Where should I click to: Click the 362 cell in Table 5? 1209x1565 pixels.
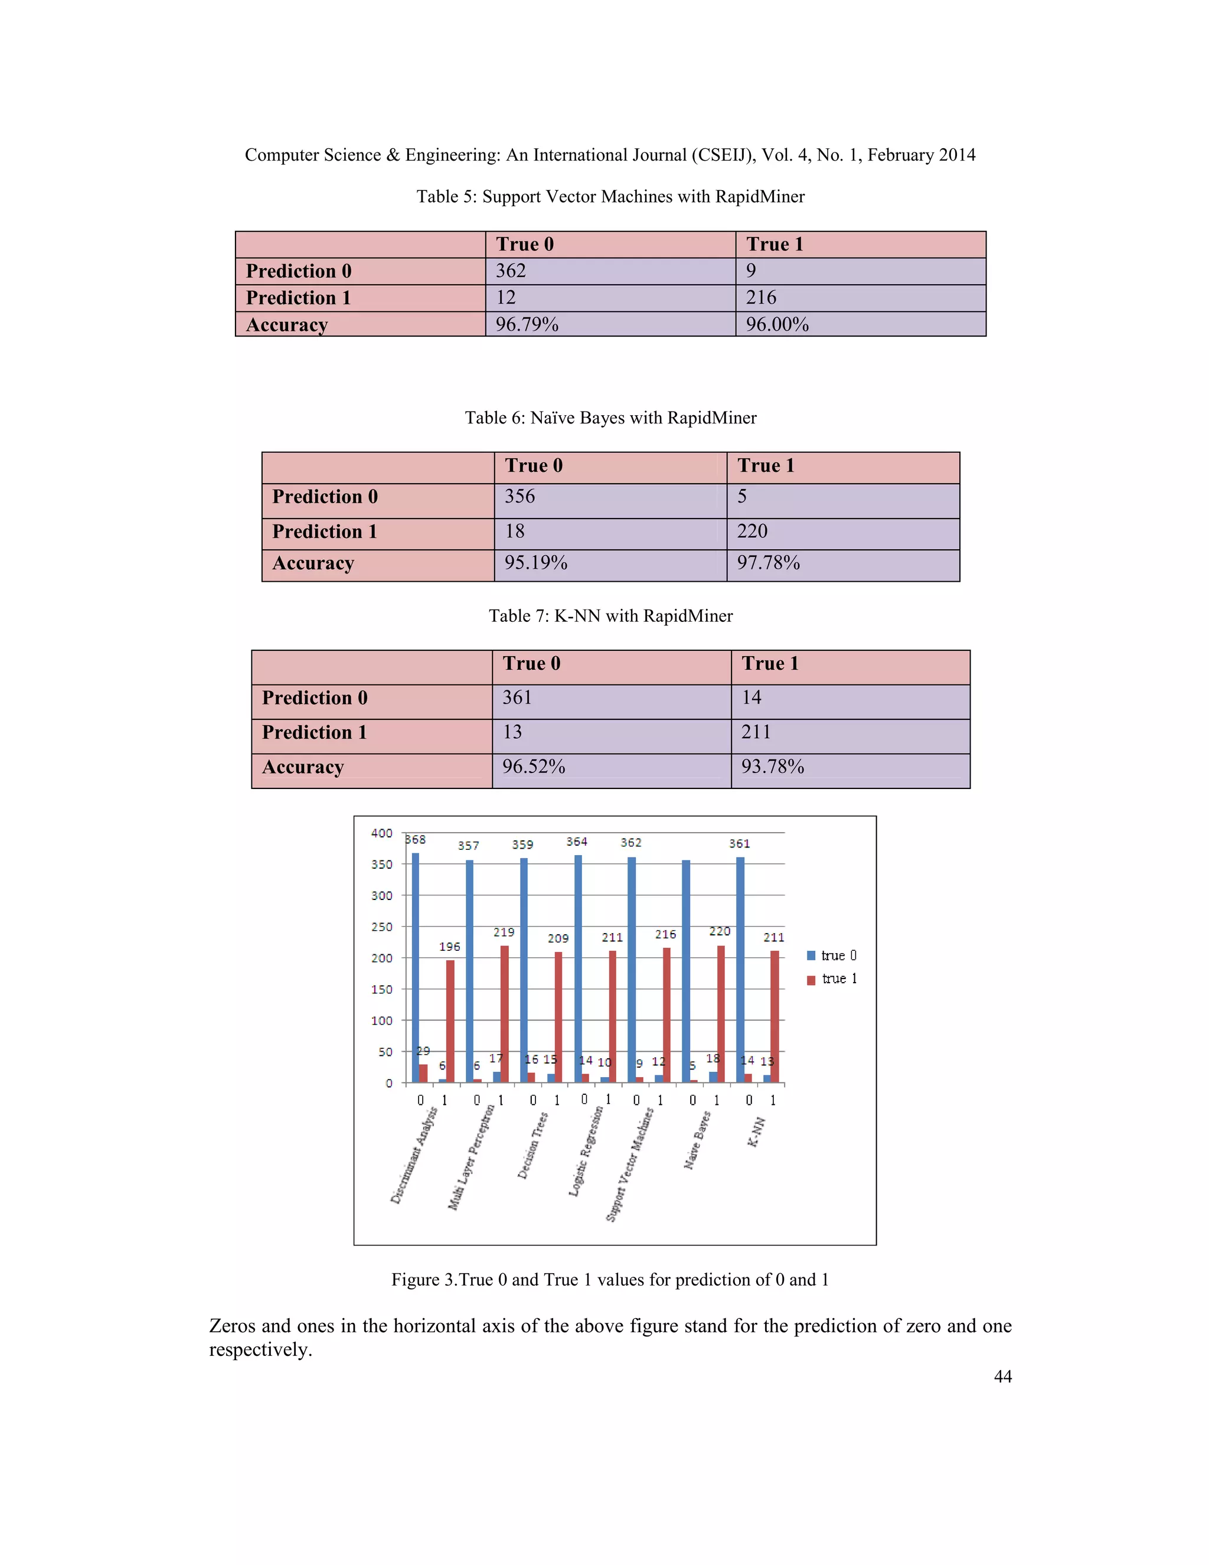pyautogui.click(x=511, y=271)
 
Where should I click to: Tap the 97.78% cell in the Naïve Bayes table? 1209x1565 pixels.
pyautogui.click(x=768, y=563)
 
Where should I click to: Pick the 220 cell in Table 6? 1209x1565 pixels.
pyautogui.click(x=752, y=532)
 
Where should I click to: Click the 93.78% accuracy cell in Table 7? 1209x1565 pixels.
pyautogui.click(x=772, y=768)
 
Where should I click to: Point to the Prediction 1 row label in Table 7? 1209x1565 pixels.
pyautogui.click(x=315, y=733)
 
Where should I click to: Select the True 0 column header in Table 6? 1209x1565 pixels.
pyautogui.click(x=534, y=466)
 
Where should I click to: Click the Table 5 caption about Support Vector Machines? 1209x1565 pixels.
pyautogui.click(x=610, y=197)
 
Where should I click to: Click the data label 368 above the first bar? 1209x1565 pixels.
pyautogui.click(x=416, y=840)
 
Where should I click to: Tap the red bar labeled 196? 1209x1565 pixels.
pyautogui.click(x=450, y=1021)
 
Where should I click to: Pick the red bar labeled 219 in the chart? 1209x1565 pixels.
pyautogui.click(x=504, y=1014)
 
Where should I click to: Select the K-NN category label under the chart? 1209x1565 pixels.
pyautogui.click(x=756, y=1132)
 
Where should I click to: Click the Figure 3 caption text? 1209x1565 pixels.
pyautogui.click(x=610, y=1280)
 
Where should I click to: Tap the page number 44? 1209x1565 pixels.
pyautogui.click(x=1003, y=1377)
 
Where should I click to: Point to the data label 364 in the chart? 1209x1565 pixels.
pyautogui.click(x=577, y=842)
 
